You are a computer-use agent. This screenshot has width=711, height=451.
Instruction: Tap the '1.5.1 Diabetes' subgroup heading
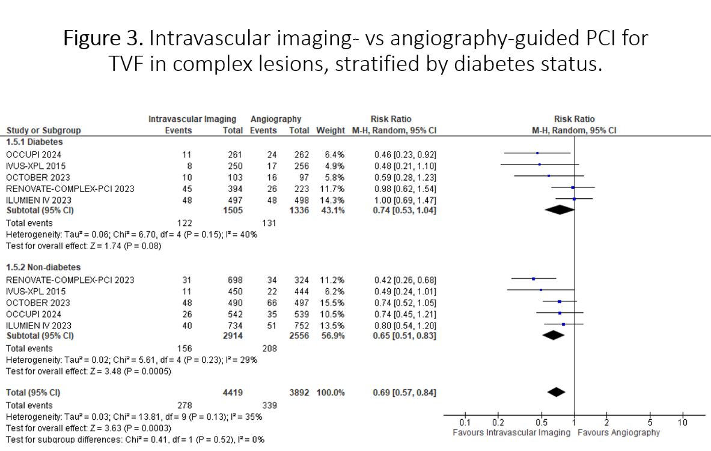(34, 142)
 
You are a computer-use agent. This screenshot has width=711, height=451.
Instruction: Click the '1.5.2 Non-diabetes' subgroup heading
(43, 267)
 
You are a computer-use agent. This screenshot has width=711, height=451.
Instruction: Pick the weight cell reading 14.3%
(333, 199)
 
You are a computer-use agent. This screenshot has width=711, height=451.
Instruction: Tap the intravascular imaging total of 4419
(232, 392)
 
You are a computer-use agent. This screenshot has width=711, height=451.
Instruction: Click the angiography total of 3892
(298, 392)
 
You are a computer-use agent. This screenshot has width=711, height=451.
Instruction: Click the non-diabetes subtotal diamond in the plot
(556, 335)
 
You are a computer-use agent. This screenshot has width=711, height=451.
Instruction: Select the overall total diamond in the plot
(557, 392)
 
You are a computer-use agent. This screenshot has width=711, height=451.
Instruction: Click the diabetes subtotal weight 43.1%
(333, 210)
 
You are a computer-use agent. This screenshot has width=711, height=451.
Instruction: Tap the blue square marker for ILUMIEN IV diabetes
(575, 199)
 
